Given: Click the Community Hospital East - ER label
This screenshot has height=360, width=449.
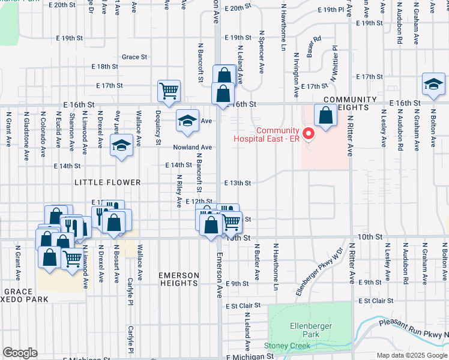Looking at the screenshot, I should [277, 135].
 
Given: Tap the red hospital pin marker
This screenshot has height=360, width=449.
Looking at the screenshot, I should [309, 133].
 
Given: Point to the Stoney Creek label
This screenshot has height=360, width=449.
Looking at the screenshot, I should [288, 346].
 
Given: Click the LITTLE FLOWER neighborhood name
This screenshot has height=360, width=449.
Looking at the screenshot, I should [107, 182].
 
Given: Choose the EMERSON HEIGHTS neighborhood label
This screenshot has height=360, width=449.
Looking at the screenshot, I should [178, 280].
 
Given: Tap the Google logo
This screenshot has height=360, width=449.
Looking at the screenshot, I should [20, 353].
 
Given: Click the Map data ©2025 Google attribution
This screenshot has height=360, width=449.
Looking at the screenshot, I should [411, 356].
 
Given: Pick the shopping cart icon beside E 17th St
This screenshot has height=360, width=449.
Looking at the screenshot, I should [169, 91].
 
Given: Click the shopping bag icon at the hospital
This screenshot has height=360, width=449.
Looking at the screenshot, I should [325, 116].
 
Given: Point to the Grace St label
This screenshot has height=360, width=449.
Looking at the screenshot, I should [134, 57].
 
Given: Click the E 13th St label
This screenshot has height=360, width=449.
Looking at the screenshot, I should [237, 183].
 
